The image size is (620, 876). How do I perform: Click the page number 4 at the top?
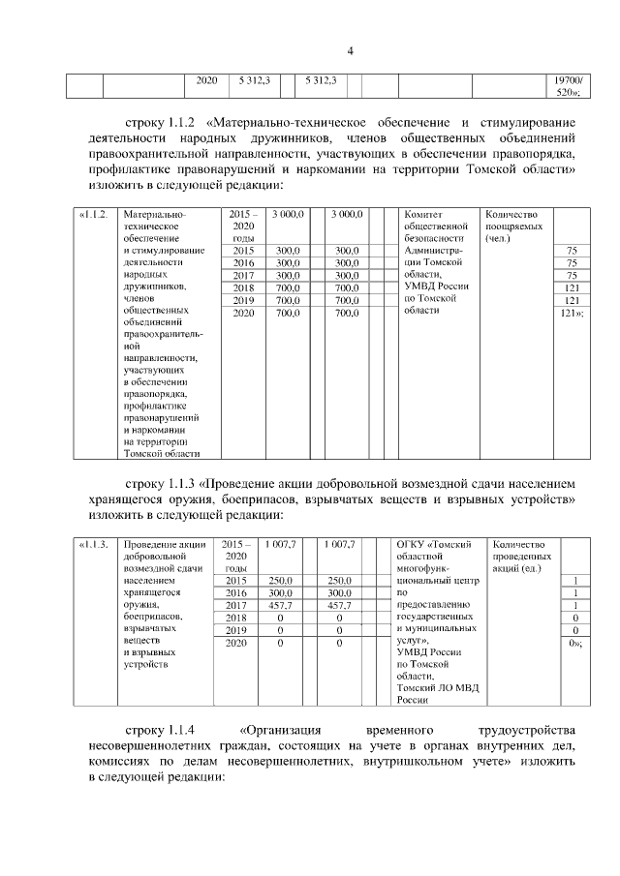(352, 51)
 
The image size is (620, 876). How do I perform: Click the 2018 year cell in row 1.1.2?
(244, 287)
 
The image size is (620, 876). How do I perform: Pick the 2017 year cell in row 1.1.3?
(236, 604)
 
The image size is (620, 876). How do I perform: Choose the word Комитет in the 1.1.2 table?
(423, 213)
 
